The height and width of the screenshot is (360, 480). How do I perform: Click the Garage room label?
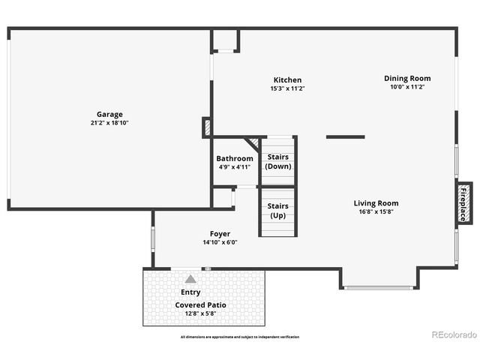(109, 115)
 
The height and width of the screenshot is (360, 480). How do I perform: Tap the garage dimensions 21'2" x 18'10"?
(109, 123)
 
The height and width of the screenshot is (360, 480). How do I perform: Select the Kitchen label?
(287, 80)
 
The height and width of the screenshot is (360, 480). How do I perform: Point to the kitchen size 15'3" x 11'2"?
(287, 88)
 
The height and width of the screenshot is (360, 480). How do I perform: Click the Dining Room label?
(407, 78)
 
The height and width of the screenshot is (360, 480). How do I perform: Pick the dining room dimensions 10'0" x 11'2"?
(407, 87)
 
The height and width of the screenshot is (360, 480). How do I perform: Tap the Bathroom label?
(235, 159)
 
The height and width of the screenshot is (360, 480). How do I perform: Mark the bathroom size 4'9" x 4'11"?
(235, 167)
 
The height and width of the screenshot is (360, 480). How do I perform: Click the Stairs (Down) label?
(278, 161)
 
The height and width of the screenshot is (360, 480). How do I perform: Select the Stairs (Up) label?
(278, 211)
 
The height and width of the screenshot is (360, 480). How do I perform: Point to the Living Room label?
(376, 203)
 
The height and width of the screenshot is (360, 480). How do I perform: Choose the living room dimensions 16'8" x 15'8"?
(376, 211)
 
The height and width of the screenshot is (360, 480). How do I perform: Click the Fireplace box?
(463, 202)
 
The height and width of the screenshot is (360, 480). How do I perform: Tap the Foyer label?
(220, 234)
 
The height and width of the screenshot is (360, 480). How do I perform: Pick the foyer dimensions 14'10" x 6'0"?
(220, 242)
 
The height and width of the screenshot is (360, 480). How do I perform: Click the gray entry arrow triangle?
(190, 278)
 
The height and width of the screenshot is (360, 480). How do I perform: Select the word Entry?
(190, 292)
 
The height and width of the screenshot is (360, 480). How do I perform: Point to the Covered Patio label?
(201, 305)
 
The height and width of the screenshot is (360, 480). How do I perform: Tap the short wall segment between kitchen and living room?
(346, 137)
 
